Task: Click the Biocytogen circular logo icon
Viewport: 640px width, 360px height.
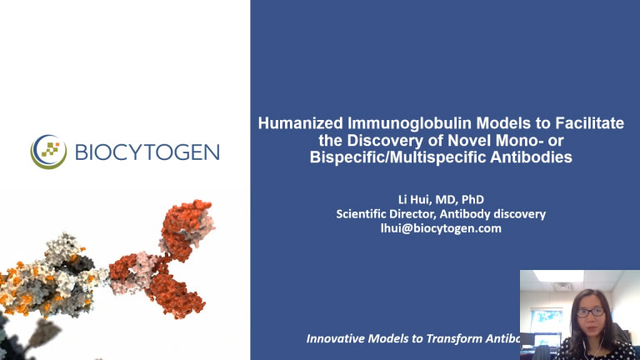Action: pos(48,152)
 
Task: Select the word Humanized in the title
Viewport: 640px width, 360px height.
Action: pos(293,123)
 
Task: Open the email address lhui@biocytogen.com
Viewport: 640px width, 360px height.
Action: pos(441,227)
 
